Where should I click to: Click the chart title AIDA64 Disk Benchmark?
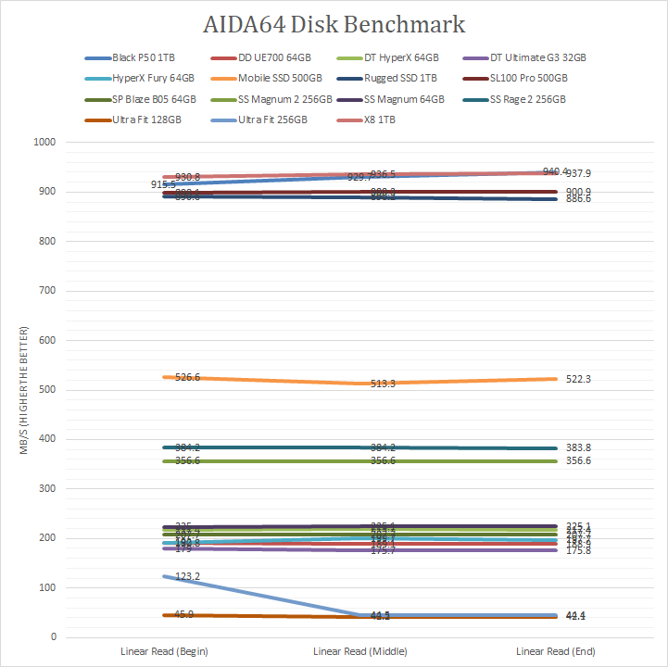pos(334,23)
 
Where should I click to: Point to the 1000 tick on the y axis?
pos(44,143)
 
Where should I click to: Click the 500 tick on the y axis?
pos(46,390)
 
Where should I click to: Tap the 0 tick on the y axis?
pos(53,637)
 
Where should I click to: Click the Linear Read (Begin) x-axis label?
pos(159,651)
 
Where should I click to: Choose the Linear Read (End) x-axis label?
pos(556,651)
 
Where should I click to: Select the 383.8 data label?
pos(579,448)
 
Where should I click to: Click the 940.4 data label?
pos(555,171)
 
